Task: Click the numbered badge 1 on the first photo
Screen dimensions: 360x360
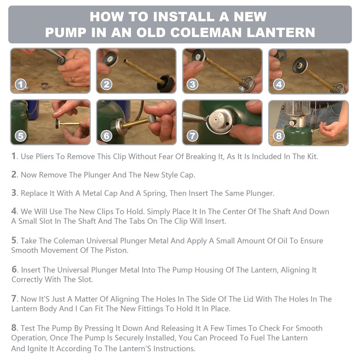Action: point(21,85)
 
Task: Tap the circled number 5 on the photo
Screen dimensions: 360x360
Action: point(21,136)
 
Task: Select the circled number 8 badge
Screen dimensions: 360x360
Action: point(279,136)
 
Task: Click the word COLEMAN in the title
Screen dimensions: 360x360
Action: point(206,32)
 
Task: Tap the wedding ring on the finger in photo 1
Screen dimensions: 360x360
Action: point(73,80)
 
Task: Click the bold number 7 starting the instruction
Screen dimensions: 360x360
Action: point(14,299)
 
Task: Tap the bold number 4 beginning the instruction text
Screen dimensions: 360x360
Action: point(14,211)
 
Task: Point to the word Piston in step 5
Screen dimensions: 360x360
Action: point(116,250)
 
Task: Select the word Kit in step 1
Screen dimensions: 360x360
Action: point(312,157)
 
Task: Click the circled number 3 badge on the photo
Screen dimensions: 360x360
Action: point(193,85)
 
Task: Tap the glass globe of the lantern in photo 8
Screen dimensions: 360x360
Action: point(298,109)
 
